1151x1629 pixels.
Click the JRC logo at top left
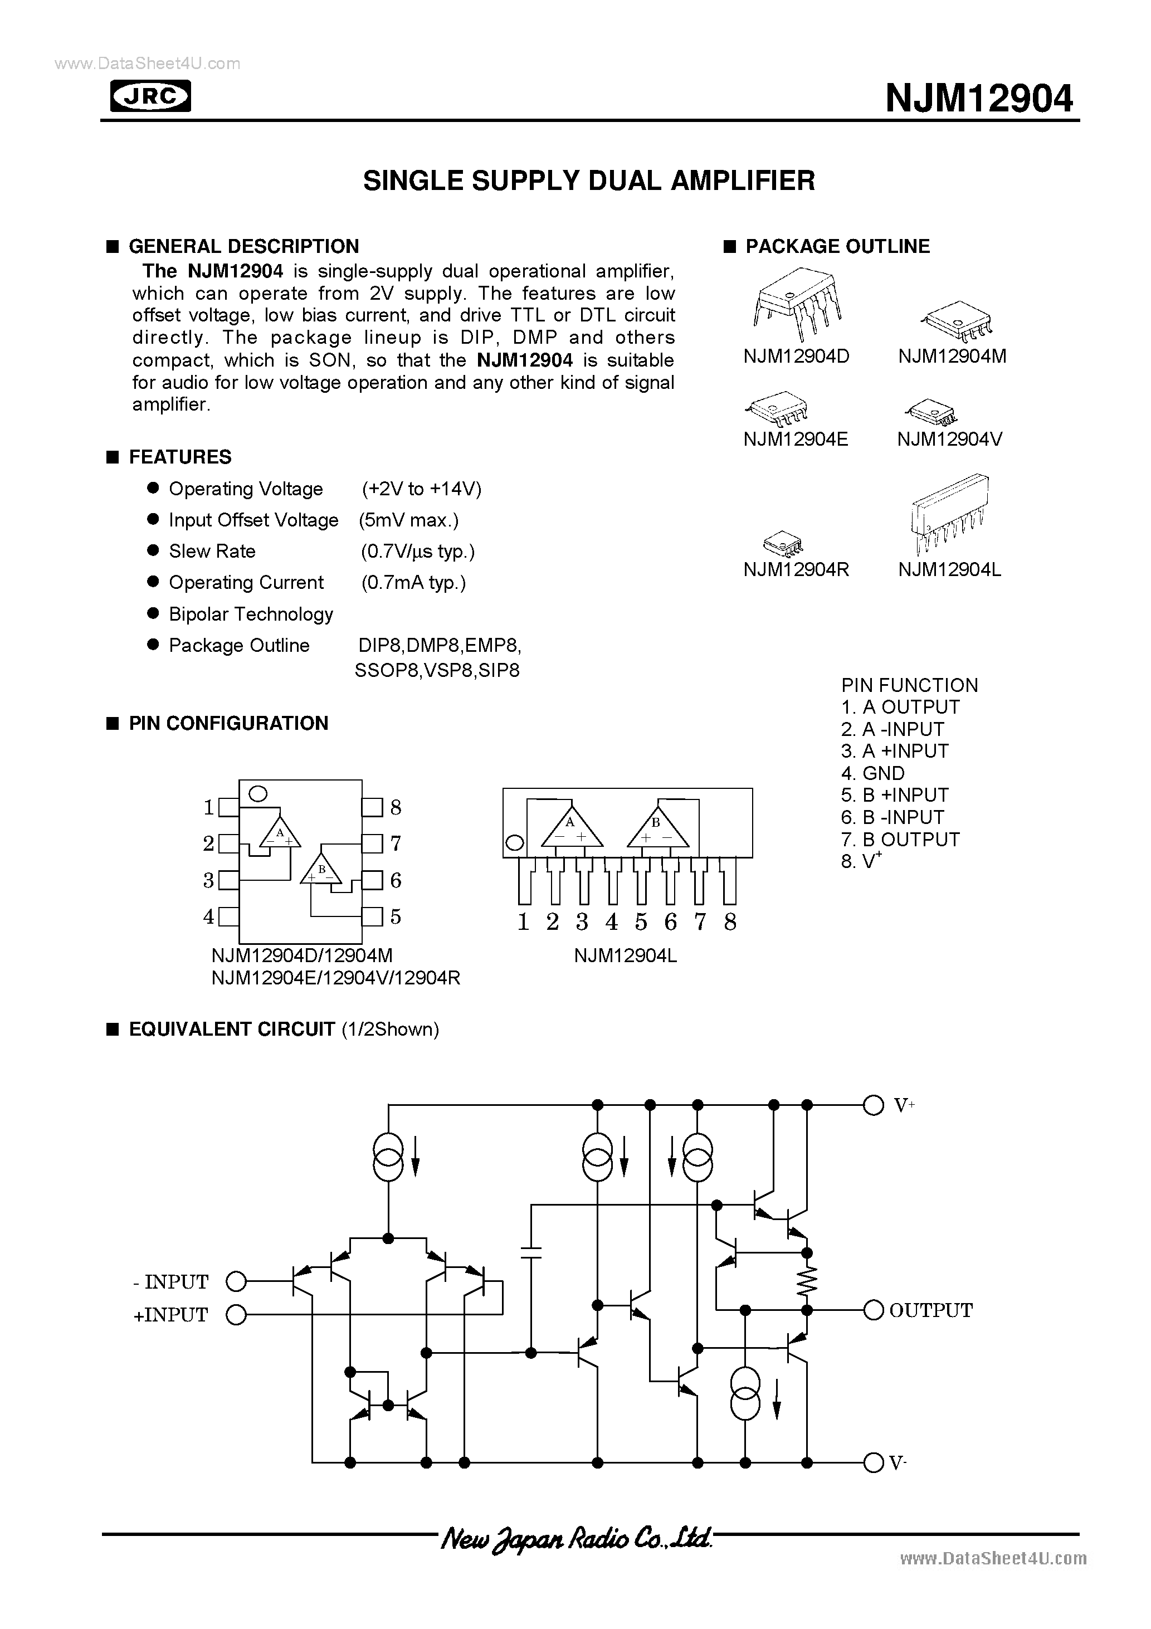(x=150, y=96)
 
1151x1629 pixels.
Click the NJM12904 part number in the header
(x=979, y=99)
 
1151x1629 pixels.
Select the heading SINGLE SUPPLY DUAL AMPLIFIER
(x=589, y=181)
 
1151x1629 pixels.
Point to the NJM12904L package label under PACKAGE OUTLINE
(x=949, y=570)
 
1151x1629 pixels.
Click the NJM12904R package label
(x=796, y=570)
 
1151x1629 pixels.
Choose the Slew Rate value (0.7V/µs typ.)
(x=417, y=552)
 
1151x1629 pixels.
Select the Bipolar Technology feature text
(x=251, y=614)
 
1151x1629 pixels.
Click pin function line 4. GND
(x=873, y=773)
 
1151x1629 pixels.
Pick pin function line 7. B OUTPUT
(x=900, y=840)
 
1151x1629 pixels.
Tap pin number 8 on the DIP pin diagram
(x=395, y=807)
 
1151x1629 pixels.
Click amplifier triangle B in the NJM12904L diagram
(x=657, y=828)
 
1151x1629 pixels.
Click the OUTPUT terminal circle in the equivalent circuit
(x=873, y=1310)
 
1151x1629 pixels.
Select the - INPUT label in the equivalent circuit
(x=170, y=1282)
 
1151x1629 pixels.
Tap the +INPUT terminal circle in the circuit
(x=236, y=1315)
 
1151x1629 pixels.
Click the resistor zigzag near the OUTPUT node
(x=807, y=1281)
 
